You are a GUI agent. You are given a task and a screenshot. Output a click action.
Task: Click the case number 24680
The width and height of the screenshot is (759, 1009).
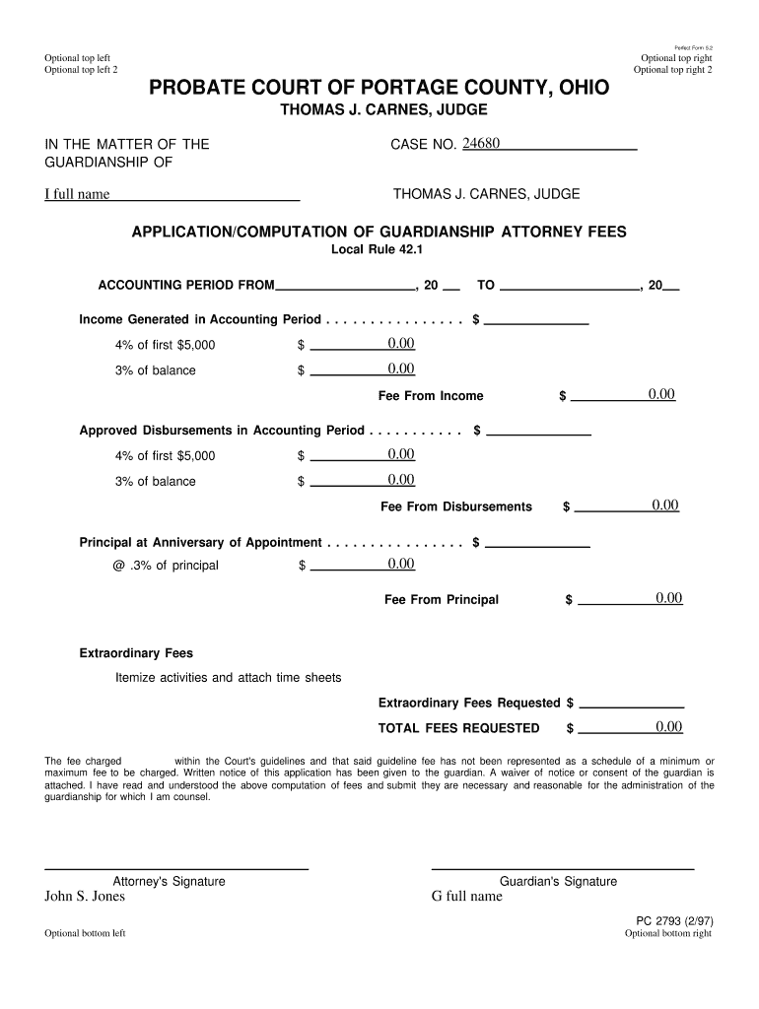pyautogui.click(x=482, y=144)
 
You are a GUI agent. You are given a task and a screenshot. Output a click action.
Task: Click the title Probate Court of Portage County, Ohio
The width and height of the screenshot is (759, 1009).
pyautogui.click(x=379, y=89)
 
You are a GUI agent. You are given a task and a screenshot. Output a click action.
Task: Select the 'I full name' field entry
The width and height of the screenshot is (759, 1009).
pyautogui.click(x=77, y=194)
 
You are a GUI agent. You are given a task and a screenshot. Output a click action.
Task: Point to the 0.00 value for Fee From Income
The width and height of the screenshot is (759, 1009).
pyautogui.click(x=661, y=394)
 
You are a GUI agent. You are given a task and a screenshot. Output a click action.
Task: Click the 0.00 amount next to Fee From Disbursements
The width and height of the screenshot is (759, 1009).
pyautogui.click(x=665, y=505)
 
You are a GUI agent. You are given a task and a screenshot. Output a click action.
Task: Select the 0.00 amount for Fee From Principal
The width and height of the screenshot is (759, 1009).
pyautogui.click(x=669, y=598)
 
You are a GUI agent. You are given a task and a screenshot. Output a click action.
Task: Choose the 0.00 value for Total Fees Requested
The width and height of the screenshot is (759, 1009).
pyautogui.click(x=669, y=727)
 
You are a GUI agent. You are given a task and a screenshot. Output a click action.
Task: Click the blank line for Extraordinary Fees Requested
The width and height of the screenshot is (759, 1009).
pyautogui.click(x=632, y=703)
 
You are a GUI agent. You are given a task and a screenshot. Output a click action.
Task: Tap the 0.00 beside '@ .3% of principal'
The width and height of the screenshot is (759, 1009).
pyautogui.click(x=401, y=564)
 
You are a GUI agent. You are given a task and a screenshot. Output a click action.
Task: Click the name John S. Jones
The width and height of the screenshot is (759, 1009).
pyautogui.click(x=85, y=897)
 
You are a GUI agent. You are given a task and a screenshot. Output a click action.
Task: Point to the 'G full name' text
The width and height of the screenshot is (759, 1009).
pyautogui.click(x=467, y=897)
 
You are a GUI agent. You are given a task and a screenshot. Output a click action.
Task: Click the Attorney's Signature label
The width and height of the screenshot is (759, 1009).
pyautogui.click(x=170, y=881)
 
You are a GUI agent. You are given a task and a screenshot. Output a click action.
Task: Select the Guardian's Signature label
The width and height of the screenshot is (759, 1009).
pyautogui.click(x=558, y=881)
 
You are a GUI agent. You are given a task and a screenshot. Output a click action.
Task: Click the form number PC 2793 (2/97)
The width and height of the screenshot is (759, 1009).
pyautogui.click(x=674, y=921)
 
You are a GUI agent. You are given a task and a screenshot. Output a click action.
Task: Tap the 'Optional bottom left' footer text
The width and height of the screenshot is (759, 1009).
pyautogui.click(x=85, y=934)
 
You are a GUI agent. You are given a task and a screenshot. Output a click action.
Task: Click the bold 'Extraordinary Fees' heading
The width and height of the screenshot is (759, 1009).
pyautogui.click(x=136, y=653)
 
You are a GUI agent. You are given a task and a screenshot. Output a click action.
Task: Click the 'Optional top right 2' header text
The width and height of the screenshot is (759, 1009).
pyautogui.click(x=672, y=70)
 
